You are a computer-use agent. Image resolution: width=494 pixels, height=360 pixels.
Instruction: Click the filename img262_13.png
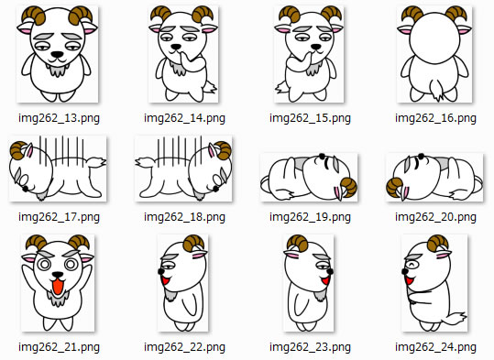[x=59, y=118]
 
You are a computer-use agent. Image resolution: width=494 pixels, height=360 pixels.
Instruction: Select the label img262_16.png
[x=435, y=118]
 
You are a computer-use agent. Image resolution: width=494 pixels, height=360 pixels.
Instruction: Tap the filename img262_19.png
[x=310, y=217]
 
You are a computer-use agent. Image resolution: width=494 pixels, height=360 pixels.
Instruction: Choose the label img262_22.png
[x=184, y=347]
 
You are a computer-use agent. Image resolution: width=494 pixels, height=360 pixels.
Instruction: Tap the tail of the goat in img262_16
[x=437, y=90]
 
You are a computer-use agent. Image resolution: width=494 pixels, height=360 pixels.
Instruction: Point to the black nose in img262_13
[x=58, y=54]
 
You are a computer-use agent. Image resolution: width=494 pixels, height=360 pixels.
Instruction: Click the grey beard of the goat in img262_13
[x=57, y=70]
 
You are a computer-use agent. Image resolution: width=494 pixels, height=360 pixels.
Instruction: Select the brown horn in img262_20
[x=395, y=188]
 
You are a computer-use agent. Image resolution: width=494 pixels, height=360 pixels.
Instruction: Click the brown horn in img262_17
[x=18, y=150]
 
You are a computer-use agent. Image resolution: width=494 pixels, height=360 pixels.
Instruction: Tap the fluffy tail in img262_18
[x=146, y=162]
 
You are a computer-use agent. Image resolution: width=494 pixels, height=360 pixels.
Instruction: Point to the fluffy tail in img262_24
[x=455, y=319]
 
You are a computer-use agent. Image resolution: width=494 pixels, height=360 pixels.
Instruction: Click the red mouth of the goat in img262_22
[x=165, y=280]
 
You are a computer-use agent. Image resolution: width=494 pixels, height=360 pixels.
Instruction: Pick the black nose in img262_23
[x=330, y=271]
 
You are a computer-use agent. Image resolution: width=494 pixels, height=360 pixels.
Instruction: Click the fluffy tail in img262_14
[x=210, y=87]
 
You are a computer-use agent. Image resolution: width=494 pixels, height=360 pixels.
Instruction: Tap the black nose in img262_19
[x=322, y=156]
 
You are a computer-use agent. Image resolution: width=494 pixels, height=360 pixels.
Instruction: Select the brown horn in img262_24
[x=437, y=244]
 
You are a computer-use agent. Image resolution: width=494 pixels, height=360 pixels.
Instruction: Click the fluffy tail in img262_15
[x=282, y=87]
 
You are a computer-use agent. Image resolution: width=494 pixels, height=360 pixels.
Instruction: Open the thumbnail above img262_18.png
[x=183, y=169]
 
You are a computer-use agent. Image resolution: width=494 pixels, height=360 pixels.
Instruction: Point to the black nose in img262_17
[x=26, y=189]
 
